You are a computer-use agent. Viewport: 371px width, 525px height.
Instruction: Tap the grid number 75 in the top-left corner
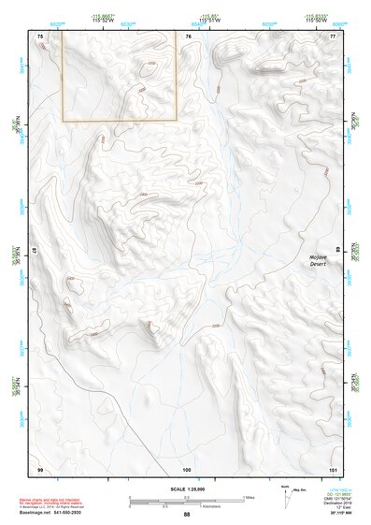click(x=40, y=36)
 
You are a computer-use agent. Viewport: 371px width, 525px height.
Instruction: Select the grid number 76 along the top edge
click(x=188, y=36)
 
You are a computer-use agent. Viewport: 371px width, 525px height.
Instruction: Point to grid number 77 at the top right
click(x=333, y=36)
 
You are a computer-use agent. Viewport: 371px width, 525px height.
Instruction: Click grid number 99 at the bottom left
click(x=40, y=468)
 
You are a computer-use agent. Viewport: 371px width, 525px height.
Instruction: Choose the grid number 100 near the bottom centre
click(x=187, y=468)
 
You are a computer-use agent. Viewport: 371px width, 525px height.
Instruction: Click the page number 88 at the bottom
click(x=187, y=515)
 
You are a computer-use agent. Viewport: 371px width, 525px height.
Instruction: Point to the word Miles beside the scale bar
click(x=249, y=497)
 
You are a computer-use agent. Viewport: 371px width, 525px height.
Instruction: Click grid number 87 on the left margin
click(x=36, y=253)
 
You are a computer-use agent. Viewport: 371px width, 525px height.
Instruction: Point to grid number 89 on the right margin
click(x=337, y=252)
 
